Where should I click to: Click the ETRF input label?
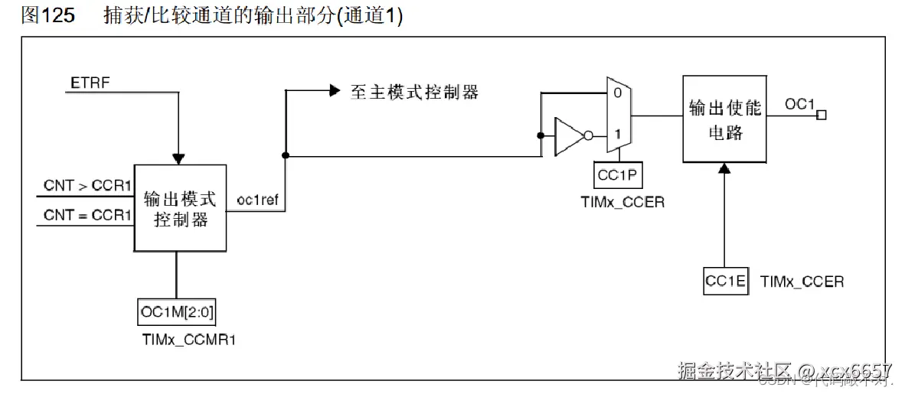[x=91, y=81]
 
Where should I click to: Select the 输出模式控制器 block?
[x=180, y=208]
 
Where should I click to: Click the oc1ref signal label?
[x=256, y=200]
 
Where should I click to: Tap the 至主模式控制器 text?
[x=414, y=92]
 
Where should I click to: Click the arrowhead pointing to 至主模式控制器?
[x=334, y=90]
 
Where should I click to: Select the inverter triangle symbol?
[x=569, y=135]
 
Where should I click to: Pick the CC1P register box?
[x=619, y=176]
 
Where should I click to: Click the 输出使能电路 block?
[x=724, y=119]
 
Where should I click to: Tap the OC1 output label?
[x=800, y=103]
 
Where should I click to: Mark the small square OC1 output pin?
[x=822, y=116]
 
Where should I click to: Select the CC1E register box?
[x=725, y=282]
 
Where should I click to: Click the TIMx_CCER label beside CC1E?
[x=802, y=282]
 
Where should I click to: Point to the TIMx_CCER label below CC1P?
[x=622, y=203]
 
